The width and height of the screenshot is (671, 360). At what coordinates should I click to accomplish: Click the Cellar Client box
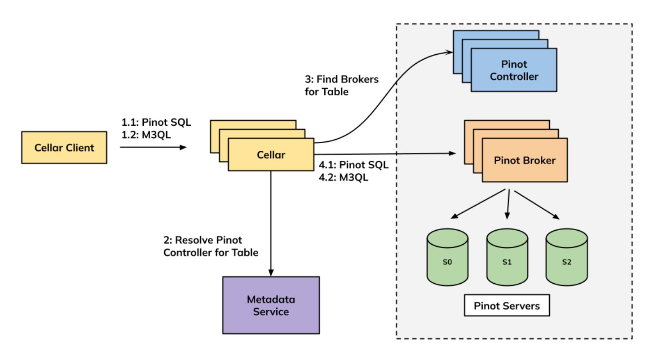pos(64,147)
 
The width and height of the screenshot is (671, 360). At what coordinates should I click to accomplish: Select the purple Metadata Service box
pos(271,305)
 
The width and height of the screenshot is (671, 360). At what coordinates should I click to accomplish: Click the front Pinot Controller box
pos(514,70)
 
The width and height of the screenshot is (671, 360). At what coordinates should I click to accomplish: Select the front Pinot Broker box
pos(525,160)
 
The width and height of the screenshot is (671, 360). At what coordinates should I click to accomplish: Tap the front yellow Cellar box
pos(270,155)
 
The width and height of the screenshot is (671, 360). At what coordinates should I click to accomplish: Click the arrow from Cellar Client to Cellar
pos(153,147)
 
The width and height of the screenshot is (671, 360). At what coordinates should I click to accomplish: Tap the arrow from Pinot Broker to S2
pos(537,204)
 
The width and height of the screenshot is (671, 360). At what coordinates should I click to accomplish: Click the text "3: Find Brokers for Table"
pos(341,85)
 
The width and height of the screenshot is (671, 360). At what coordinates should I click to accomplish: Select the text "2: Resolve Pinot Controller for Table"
pos(211,246)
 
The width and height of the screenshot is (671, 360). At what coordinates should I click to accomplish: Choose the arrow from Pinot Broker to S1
pos(508,204)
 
